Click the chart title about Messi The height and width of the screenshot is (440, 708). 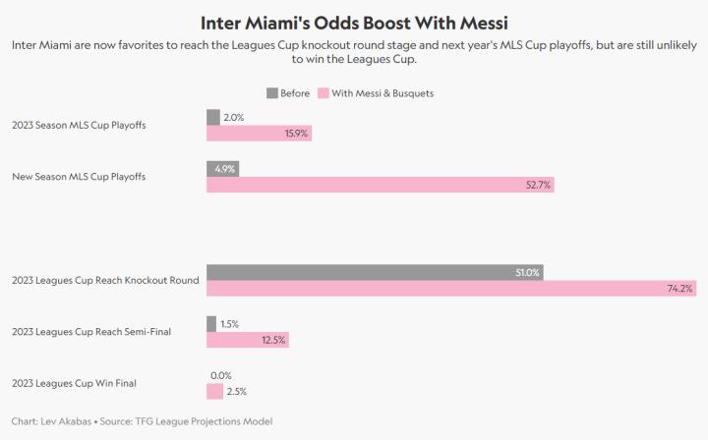(354, 22)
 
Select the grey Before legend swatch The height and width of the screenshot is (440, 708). (272, 93)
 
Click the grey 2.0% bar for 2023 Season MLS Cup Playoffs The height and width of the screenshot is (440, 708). (212, 117)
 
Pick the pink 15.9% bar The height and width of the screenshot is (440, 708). (259, 133)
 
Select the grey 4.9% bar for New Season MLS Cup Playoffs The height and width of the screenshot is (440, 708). (222, 168)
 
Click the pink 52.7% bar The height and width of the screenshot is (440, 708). (381, 184)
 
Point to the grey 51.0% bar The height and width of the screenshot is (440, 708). (375, 272)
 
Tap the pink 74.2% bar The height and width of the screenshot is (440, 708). (451, 288)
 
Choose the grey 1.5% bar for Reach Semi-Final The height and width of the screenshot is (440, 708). (211, 323)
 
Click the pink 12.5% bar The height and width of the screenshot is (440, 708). (248, 340)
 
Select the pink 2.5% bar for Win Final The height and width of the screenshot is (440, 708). (214, 391)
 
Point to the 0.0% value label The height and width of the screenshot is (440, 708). (221, 375)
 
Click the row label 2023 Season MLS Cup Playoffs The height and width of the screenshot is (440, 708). (80, 125)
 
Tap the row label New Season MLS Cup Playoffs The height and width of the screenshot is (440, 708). (79, 176)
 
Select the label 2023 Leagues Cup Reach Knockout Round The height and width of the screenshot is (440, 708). (105, 280)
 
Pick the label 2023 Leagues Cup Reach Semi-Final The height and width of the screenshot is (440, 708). (91, 332)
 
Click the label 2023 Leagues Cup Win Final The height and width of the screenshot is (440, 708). (79, 383)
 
